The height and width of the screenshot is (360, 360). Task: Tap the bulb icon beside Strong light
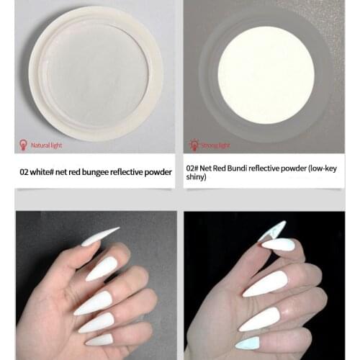tap(193, 145)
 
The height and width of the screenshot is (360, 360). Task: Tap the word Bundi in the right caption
tap(235, 167)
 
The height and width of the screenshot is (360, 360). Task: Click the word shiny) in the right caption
tap(195, 177)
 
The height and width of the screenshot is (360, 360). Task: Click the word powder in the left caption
tap(158, 172)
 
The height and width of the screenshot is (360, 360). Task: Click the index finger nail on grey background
tap(102, 269)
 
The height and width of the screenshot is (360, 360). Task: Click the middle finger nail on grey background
tap(93, 302)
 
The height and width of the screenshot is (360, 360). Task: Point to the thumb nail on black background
tap(271, 230)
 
